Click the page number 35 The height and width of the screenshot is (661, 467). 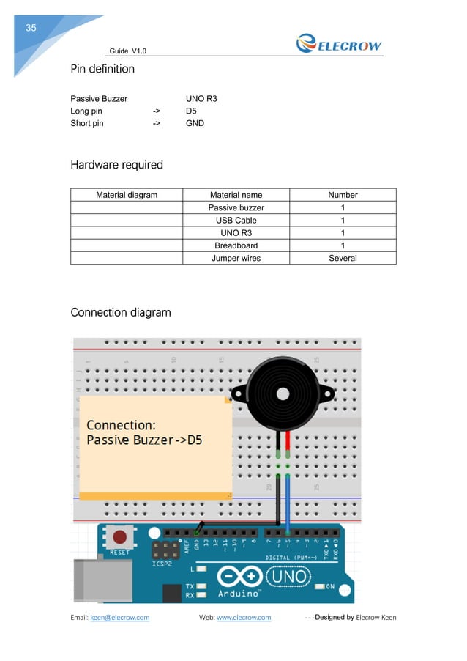point(31,29)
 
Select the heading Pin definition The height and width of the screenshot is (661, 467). point(102,69)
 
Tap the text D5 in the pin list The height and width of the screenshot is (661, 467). point(191,111)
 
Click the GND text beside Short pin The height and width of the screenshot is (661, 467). point(195,123)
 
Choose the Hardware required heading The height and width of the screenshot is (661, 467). point(116,165)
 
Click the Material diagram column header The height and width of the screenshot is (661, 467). point(127,195)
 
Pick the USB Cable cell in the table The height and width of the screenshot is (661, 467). point(236,220)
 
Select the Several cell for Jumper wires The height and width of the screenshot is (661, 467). point(343,258)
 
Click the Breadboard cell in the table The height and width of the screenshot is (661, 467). point(236,245)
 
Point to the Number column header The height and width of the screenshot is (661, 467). point(343,195)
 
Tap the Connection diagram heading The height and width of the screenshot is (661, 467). point(120,313)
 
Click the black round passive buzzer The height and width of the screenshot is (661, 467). point(282,396)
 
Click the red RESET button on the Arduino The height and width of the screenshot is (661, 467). point(118,536)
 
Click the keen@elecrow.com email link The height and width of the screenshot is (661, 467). point(119,618)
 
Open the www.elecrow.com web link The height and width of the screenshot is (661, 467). point(244,618)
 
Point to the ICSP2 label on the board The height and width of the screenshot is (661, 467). point(162,565)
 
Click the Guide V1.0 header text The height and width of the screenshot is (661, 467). point(127,51)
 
